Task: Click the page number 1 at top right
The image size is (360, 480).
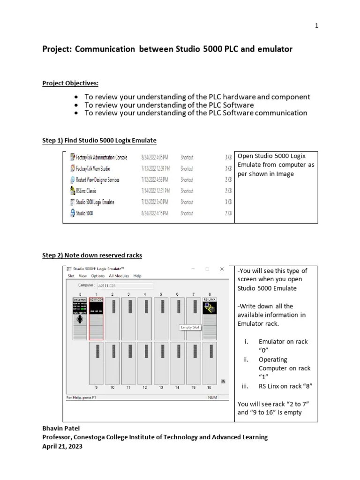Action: tap(317, 26)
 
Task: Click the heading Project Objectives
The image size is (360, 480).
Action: tap(70, 83)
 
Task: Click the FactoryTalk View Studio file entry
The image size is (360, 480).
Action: tap(93, 168)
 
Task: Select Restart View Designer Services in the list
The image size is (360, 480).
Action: tap(97, 180)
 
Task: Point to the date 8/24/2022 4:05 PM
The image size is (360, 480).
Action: tap(156, 157)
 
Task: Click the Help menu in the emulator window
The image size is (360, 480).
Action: tap(137, 276)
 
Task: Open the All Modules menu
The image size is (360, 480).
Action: tap(119, 276)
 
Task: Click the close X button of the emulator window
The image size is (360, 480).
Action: tap(222, 269)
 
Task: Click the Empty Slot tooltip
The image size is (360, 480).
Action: tap(190, 327)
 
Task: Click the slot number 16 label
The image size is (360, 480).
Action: tap(209, 388)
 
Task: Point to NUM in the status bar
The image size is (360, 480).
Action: tap(213, 397)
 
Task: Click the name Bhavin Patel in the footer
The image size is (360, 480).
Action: tap(61, 428)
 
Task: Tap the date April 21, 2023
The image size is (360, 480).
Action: tap(62, 446)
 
